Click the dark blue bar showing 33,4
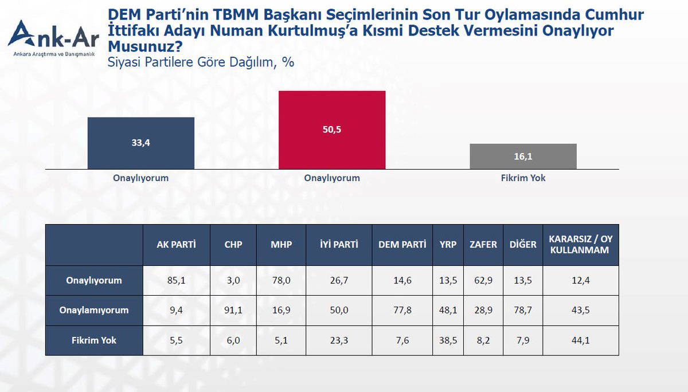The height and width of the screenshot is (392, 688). coord(141,143)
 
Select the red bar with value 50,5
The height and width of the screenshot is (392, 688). coord(332,130)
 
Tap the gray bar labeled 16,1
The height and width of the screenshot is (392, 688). coord(523,156)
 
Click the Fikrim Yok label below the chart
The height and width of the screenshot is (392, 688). coord(523,178)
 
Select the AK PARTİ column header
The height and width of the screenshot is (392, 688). coord(177,245)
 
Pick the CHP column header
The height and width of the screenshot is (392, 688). coord(233,245)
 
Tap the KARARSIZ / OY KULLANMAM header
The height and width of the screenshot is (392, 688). coord(580,245)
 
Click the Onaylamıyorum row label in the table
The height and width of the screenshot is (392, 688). coord(94,311)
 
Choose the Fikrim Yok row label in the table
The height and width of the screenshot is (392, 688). coord(94,340)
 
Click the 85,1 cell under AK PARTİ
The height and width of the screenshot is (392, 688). coord(177,281)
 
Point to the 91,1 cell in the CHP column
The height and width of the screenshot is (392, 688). coord(233,311)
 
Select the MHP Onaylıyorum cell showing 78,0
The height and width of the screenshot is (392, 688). coord(281,281)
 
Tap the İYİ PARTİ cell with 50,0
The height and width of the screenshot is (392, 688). coord(339,311)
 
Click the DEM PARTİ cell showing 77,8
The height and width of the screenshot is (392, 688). coord(402,311)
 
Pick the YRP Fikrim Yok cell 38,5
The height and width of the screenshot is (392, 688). coord(448,340)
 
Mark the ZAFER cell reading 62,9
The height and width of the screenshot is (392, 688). coord(483,281)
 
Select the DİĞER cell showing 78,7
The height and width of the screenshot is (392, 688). coord(523,311)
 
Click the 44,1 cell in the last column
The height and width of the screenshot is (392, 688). coord(580,340)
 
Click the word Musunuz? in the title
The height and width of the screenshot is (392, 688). coord(145,46)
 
